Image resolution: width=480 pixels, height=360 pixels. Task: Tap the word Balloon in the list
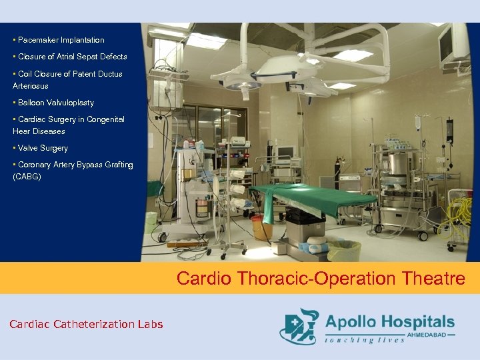pos(32,103)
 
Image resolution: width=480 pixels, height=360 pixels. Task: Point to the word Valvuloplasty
pos(71,103)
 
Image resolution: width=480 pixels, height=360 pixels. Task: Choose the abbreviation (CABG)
pos(27,177)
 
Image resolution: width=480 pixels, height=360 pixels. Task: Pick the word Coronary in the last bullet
pos(34,165)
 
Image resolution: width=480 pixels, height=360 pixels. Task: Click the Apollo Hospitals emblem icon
pos(299,325)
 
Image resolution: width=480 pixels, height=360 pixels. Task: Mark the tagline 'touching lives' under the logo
pos(365,340)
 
